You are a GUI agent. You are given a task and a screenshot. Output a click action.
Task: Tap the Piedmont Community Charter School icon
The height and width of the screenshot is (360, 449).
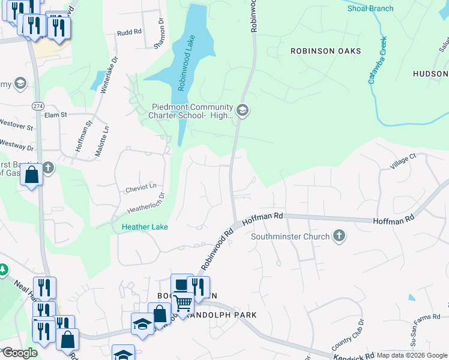tap(243, 110)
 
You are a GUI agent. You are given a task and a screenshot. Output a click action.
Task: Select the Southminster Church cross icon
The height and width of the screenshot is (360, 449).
tap(339, 236)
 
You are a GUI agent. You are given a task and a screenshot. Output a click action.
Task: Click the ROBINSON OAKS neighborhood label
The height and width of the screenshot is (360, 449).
tap(326, 51)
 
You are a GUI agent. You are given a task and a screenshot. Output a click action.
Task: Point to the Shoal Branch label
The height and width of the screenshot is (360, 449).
tap(370, 8)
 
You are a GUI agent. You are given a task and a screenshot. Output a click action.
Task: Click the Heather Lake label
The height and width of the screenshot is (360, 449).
tap(145, 227)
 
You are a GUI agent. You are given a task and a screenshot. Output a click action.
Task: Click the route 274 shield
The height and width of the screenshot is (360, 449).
tap(37, 105)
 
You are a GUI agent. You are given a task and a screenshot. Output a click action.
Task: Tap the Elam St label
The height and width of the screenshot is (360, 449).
tap(55, 114)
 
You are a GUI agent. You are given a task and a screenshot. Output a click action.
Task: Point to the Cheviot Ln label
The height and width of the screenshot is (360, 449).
tap(140, 188)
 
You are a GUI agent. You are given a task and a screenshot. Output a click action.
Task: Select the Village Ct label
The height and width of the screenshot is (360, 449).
tap(403, 163)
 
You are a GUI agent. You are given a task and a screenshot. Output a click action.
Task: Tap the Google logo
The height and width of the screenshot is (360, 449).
tap(20, 353)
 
